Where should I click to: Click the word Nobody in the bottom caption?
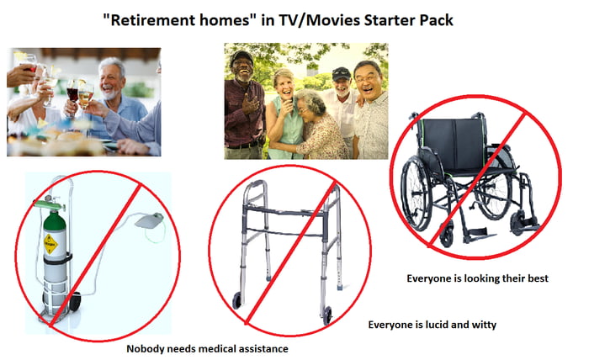[146, 349]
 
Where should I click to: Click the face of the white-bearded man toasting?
[110, 77]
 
